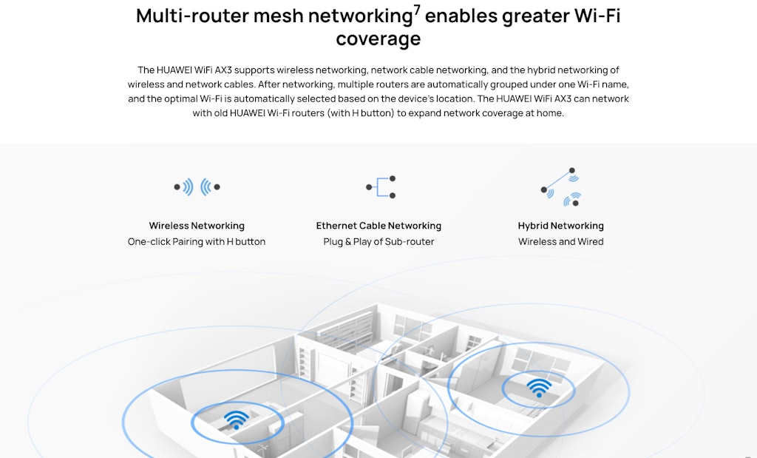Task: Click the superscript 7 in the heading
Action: point(417,10)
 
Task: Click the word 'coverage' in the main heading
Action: point(378,38)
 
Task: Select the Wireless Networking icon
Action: point(197,187)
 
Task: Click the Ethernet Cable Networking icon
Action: point(381,187)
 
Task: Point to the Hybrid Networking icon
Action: point(560,187)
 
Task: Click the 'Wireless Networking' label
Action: point(197,226)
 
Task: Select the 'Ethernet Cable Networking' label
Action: point(378,226)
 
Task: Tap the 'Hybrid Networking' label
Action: point(560,226)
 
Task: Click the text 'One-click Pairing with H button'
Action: point(197,242)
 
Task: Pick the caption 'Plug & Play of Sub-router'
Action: point(378,242)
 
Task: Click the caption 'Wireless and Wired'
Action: point(560,242)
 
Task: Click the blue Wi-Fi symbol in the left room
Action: point(236,420)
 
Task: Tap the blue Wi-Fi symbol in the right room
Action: point(539,387)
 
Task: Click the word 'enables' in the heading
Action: point(461,16)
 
